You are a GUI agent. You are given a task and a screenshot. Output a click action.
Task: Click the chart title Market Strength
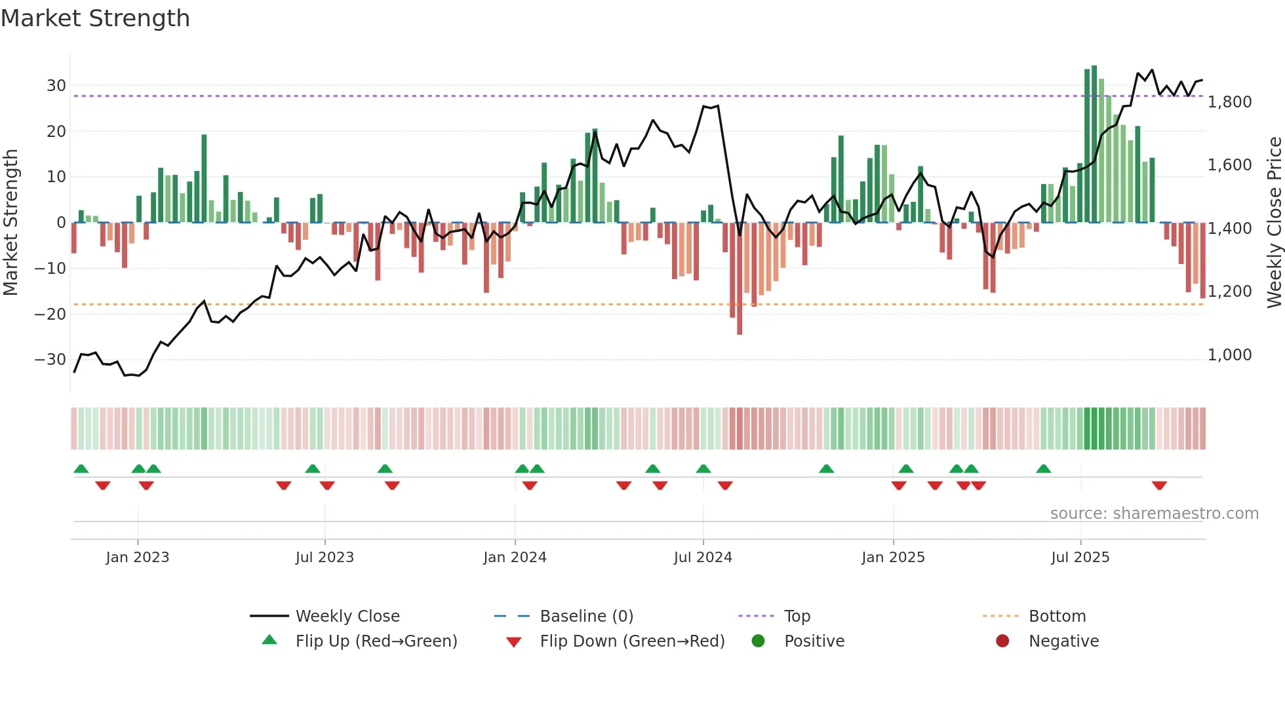(95, 18)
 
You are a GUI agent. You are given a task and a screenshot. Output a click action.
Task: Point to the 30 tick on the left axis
(56, 86)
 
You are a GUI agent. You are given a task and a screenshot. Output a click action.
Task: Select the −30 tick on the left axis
(50, 360)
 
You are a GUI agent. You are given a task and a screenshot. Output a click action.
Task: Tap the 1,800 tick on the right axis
(1229, 102)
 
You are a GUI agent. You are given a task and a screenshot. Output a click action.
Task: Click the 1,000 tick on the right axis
(1229, 355)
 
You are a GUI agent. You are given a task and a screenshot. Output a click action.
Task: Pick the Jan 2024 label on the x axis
(515, 558)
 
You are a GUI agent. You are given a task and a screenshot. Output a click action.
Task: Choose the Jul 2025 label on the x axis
(1080, 558)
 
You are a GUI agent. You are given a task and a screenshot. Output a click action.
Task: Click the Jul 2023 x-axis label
(325, 558)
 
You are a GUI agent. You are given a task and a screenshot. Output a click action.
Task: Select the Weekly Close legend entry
(347, 617)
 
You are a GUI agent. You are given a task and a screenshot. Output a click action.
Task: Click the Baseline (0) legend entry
(586, 617)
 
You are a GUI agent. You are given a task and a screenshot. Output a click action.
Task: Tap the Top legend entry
(797, 617)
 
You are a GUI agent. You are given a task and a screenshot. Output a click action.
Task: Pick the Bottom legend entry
(1057, 617)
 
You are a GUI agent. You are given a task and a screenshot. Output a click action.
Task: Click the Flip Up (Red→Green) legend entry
(376, 641)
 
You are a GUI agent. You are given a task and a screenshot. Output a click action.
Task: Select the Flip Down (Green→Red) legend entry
(632, 641)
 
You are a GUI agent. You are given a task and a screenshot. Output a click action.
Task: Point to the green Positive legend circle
(758, 641)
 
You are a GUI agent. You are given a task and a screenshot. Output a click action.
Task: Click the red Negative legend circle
(1002, 641)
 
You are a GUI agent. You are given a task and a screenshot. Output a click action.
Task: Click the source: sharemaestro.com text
(1154, 514)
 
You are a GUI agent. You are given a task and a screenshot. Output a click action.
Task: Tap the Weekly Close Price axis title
(1274, 223)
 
